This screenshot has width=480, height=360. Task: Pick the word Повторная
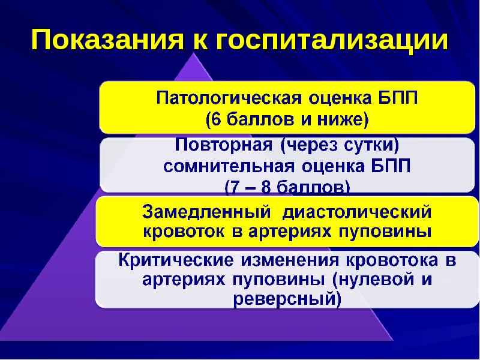tap(221, 146)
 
